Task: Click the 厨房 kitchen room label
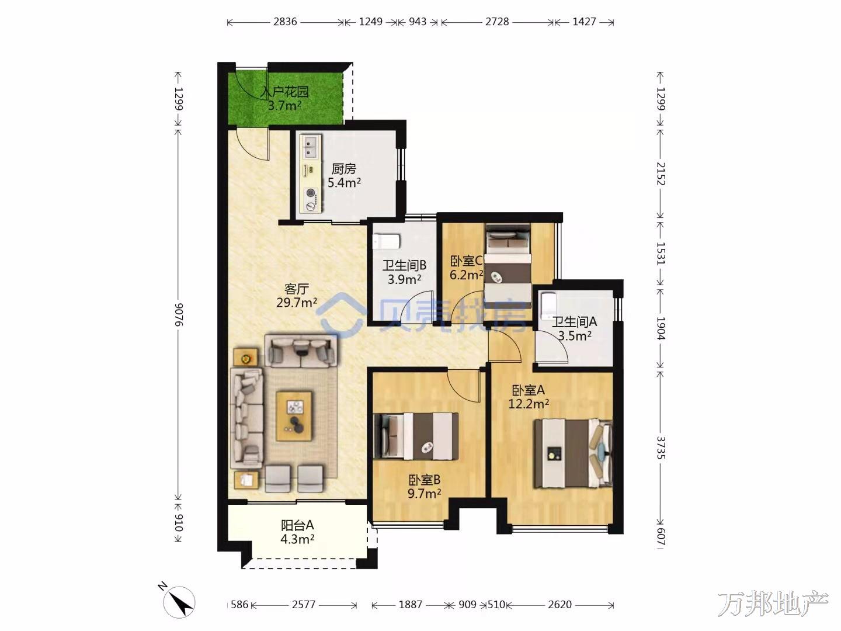[343, 169]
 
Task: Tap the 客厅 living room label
[297, 289]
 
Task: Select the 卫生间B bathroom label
[404, 265]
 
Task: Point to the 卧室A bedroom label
[529, 390]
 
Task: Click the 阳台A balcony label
[297, 525]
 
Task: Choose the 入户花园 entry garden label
[284, 92]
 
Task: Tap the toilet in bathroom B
[386, 241]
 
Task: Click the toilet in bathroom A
[547, 306]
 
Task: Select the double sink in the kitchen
[310, 147]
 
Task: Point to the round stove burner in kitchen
[310, 193]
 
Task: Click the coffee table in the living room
[294, 415]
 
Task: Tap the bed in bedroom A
[573, 453]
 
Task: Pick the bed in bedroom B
[416, 436]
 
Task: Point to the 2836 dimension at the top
[285, 22]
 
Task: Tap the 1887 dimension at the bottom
[411, 605]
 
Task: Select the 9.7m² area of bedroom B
[424, 494]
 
